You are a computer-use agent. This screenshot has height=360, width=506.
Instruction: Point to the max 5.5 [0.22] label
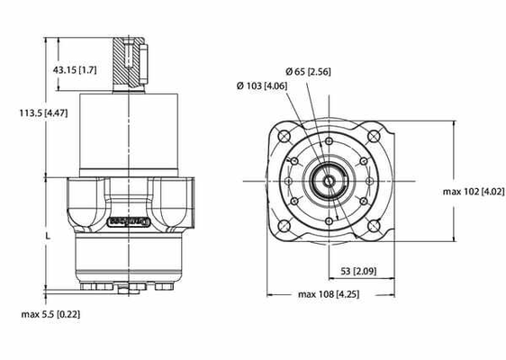(50, 314)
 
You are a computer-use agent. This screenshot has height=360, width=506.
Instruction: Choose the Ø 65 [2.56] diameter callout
(306, 71)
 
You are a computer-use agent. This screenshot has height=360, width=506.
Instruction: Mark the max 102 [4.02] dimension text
(474, 192)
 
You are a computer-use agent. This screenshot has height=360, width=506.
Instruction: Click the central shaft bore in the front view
(330, 181)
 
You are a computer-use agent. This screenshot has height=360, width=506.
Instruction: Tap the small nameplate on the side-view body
(123, 218)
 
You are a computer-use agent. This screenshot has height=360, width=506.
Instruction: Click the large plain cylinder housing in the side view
(131, 135)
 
